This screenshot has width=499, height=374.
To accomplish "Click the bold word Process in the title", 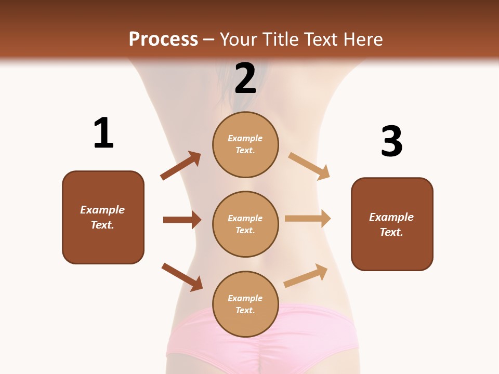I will [163, 39].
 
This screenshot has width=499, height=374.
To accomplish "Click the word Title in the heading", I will [280, 39].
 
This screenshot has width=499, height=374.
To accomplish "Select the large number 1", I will [103, 133].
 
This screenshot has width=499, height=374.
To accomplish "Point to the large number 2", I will [245, 78].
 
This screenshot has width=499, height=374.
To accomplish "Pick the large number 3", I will [391, 141].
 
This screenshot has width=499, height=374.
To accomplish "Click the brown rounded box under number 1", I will [103, 217].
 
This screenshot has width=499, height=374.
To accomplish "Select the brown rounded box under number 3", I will [392, 224].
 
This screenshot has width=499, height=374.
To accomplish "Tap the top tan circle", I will [245, 144].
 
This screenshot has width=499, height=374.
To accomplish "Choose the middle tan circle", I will [245, 224].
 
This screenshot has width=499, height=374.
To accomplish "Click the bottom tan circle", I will [245, 304].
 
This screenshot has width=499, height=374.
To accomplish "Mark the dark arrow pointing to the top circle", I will [180, 166].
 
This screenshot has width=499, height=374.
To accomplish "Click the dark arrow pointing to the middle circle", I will [182, 220].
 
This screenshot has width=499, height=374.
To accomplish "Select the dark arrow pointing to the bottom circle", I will [182, 277].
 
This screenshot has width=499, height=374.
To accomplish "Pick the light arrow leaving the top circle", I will [309, 166].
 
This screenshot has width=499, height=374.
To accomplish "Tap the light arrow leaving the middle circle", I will [308, 219].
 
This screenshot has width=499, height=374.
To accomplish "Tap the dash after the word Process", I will [208, 39].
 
